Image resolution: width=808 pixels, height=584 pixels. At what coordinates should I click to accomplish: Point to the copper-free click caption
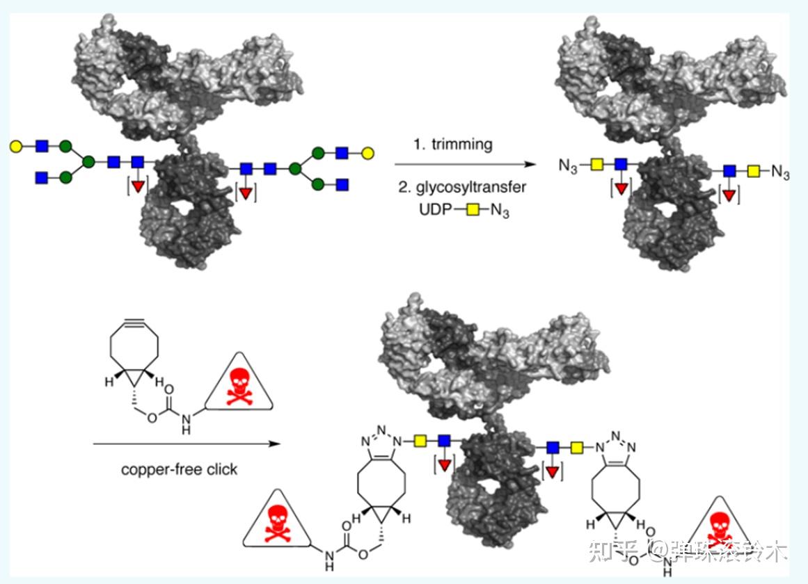pos(179,469)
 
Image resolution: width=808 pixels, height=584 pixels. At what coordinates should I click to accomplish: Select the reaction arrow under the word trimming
pos(466,165)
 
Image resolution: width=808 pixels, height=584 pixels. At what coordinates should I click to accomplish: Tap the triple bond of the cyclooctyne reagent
pos(134,323)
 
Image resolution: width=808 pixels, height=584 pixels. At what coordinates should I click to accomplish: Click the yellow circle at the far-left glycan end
pos(15,146)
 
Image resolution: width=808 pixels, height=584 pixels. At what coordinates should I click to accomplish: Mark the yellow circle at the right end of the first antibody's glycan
pos(368,152)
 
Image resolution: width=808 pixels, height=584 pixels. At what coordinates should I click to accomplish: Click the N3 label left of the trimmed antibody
pos(569,166)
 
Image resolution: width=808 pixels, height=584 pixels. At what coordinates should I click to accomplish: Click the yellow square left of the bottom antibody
pos(420,440)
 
